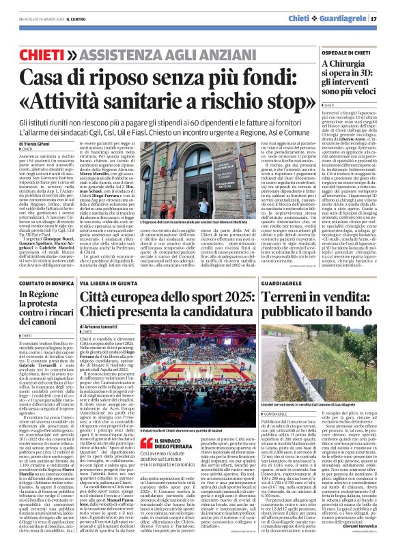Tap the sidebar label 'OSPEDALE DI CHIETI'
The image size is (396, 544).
pyautogui.click(x=345, y=52)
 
